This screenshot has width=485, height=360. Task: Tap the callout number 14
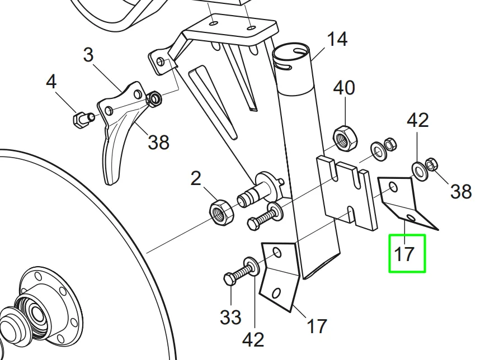pyautogui.click(x=337, y=40)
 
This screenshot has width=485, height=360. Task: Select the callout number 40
pyautogui.click(x=344, y=88)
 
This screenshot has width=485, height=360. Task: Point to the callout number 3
pyautogui.click(x=88, y=55)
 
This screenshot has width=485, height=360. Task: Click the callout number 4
pyautogui.click(x=51, y=82)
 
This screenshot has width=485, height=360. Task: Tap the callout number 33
pyautogui.click(x=230, y=317)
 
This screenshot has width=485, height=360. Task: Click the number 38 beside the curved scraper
pyautogui.click(x=158, y=143)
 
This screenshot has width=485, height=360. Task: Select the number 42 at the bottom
pyautogui.click(x=253, y=339)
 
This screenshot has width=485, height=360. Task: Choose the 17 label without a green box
pyautogui.click(x=317, y=325)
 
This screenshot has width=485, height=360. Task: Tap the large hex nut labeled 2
pyautogui.click(x=219, y=211)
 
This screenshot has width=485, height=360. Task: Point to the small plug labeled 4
pyautogui.click(x=81, y=119)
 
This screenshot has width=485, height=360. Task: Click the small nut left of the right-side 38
pyautogui.click(x=432, y=165)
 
